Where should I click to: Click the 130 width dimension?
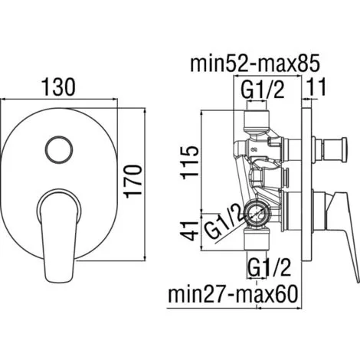pos(59,87)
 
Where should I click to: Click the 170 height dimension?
pos(133,182)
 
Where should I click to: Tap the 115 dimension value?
pos(189,162)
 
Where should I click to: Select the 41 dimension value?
pos(189,231)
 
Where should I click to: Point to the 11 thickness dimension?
pos(316,87)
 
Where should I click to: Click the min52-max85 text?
pos(255,64)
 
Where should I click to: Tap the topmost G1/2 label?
pos(263,90)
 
